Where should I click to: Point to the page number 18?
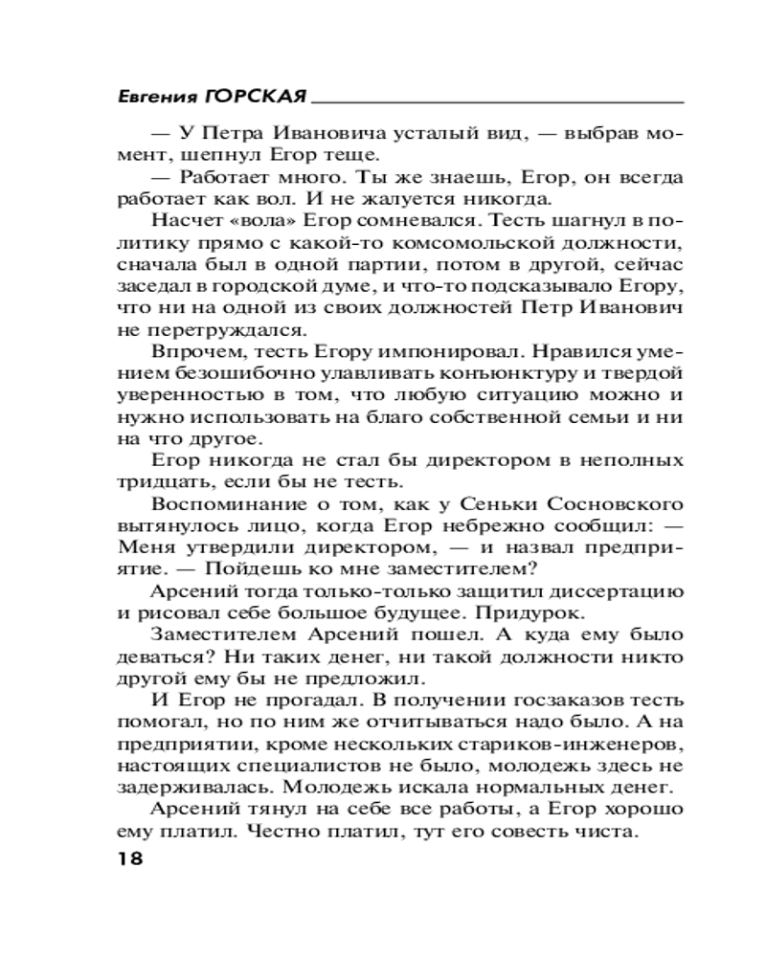127,857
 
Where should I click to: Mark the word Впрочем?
191,352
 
